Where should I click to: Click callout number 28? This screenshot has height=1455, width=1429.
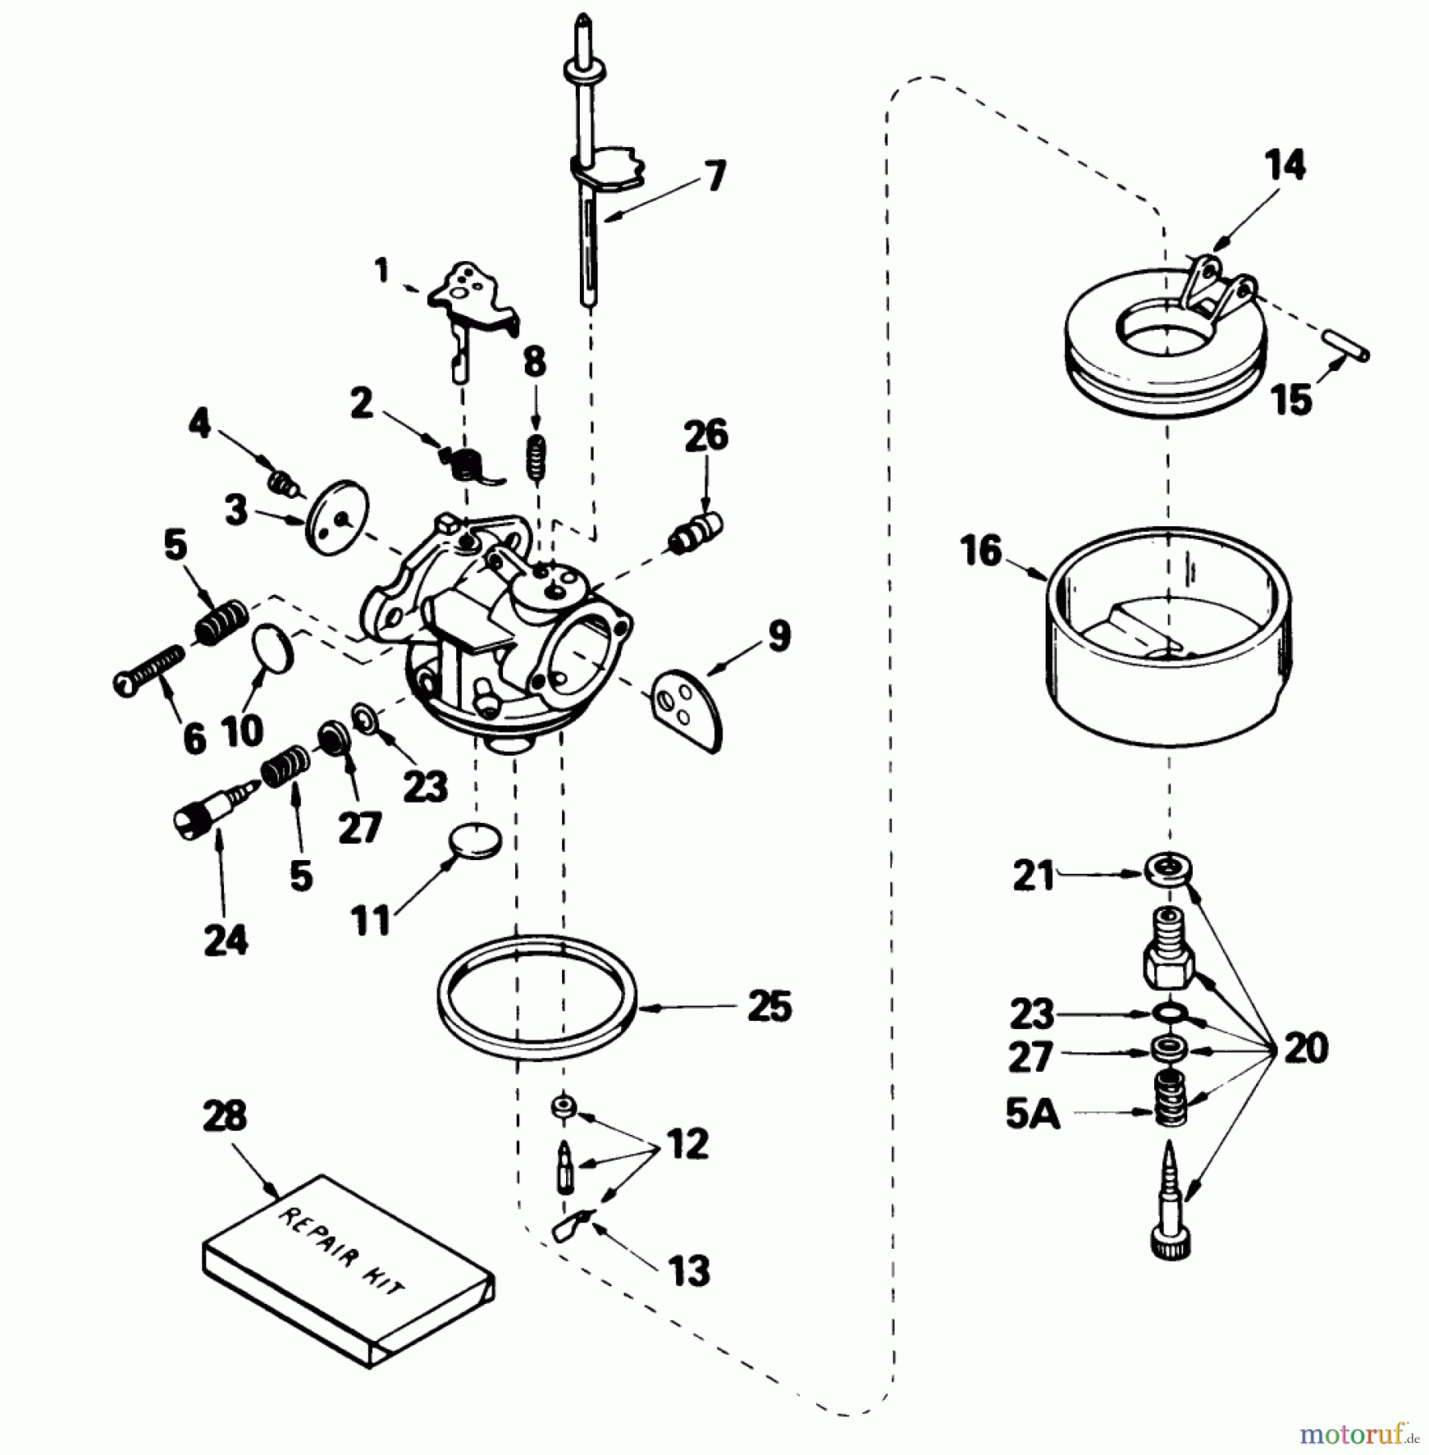pyautogui.click(x=224, y=1116)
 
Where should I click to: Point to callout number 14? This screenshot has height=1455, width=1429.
pyautogui.click(x=1285, y=166)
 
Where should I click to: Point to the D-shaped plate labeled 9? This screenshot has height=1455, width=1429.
pyautogui.click(x=687, y=707)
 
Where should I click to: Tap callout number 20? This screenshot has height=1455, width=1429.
pyautogui.click(x=1305, y=1048)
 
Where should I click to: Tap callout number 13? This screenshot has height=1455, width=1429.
pyautogui.click(x=689, y=1271)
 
